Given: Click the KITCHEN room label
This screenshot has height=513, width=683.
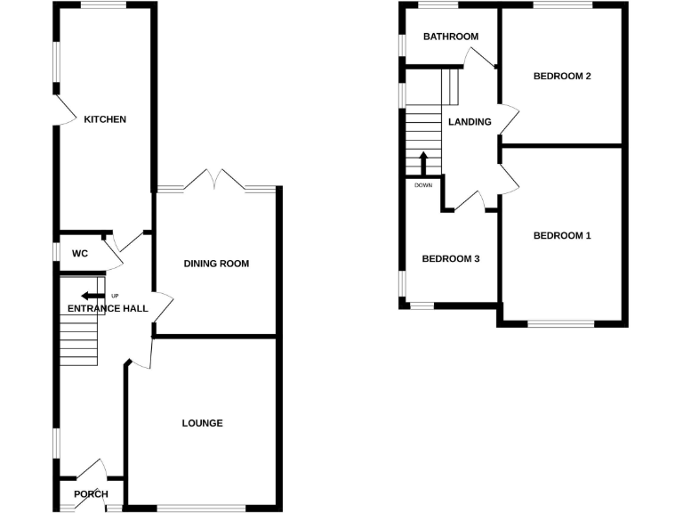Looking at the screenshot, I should tap(105, 119).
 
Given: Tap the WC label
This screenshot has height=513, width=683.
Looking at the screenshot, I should tap(80, 254).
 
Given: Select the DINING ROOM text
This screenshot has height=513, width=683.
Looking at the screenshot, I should tap(216, 264).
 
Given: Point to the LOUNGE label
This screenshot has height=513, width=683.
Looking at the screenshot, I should tap(202, 423).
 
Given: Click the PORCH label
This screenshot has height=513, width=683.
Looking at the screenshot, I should tap(91, 494).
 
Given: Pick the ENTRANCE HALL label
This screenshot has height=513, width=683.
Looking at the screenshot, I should tap(107, 309).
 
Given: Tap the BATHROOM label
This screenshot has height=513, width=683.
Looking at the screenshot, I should tap(451, 37).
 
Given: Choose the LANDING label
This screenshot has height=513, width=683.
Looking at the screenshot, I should tap(470, 122).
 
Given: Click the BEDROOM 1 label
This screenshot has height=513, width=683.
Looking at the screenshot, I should tap(562, 236).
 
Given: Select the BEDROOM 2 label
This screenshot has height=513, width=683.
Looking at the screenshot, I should tap(562, 77).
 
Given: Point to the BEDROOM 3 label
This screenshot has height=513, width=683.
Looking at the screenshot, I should tap(451, 259).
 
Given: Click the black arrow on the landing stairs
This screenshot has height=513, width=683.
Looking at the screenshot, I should tap(424, 164).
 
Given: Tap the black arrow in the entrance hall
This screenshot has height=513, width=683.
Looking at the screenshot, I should tap(91, 297).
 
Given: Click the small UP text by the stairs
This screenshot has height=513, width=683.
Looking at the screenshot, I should tap(115, 296).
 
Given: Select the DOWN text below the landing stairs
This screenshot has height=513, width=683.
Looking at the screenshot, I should tap(423, 185).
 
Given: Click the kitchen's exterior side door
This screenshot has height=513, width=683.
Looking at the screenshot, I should tap(62, 110).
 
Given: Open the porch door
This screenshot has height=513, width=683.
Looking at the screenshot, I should tap(92, 471).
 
